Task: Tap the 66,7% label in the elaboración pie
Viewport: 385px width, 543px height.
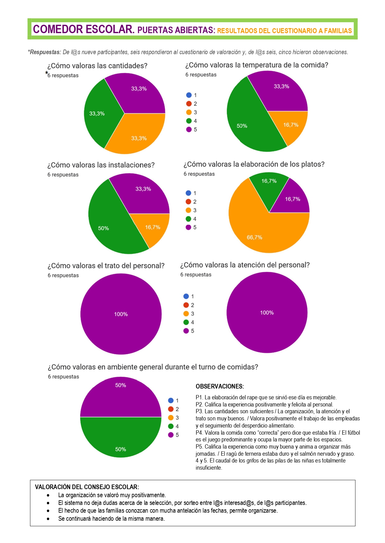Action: pos(254,237)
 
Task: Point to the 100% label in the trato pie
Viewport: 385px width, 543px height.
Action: pos(121,314)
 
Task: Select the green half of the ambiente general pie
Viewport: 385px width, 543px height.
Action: pos(121,437)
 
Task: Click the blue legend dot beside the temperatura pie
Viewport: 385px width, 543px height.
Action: pos(189,95)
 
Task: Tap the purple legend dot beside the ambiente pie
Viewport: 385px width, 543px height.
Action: pos(171,435)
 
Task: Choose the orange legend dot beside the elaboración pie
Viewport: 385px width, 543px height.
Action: pos(188,210)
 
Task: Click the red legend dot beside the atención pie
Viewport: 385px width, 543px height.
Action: pos(186,305)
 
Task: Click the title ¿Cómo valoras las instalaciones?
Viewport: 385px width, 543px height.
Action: pos(101,165)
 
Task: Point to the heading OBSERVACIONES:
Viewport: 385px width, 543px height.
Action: pos(220,386)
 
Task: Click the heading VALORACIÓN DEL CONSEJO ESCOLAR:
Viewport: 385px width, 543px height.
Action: pos(87,487)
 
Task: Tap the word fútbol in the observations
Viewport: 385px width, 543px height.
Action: pos(351,432)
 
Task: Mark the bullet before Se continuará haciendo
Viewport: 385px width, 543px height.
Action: pos(48,519)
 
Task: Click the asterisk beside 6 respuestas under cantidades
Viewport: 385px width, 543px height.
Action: pos(47,73)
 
